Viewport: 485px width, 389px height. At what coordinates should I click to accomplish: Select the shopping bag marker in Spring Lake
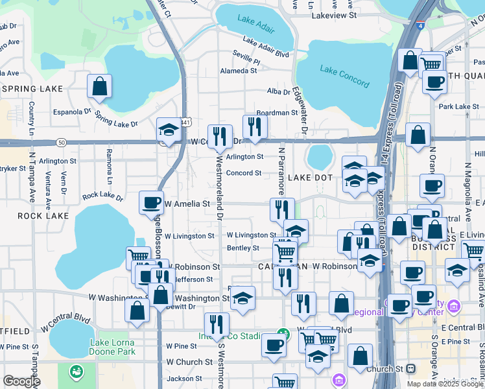99,86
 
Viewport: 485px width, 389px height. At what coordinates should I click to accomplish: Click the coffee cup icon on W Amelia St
151,203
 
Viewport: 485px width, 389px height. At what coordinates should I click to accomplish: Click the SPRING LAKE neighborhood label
32,89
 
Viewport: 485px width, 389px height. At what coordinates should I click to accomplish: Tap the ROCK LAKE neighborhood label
39,216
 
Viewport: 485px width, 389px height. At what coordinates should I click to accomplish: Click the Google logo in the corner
21,381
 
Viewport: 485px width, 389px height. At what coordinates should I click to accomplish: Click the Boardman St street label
276,113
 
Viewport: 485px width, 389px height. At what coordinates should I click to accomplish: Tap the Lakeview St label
333,14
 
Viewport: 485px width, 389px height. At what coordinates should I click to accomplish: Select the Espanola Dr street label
72,112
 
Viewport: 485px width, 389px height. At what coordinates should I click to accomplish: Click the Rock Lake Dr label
102,195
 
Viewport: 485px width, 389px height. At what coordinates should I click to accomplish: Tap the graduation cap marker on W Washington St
242,298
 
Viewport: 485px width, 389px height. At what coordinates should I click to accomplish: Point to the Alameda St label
239,71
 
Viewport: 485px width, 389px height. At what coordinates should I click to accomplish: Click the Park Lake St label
453,106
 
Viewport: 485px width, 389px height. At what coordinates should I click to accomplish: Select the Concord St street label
243,173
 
